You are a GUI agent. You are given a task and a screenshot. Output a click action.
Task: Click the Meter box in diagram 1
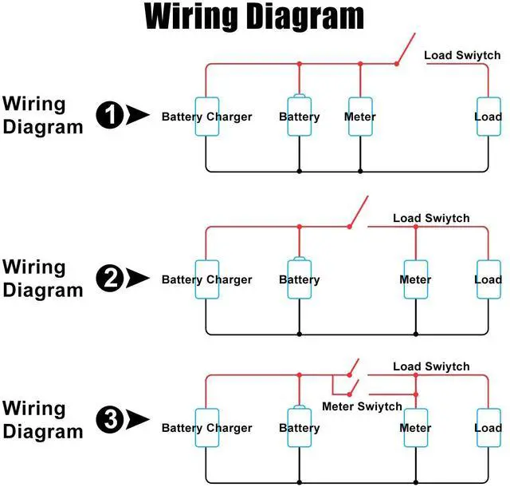click(x=360, y=117)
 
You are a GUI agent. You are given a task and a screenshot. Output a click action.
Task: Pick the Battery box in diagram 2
click(x=299, y=279)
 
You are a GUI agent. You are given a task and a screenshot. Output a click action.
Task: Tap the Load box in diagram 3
click(x=488, y=428)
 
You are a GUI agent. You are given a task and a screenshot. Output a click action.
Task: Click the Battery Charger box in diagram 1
click(x=206, y=117)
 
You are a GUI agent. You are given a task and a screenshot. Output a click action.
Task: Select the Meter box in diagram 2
click(x=415, y=279)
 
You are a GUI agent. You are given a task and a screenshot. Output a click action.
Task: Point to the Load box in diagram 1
click(x=488, y=117)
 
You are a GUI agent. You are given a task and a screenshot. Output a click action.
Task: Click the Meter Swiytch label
click(x=362, y=406)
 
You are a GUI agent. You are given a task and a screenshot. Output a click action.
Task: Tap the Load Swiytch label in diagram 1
click(x=462, y=55)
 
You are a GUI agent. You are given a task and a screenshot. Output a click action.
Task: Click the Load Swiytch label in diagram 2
click(x=431, y=218)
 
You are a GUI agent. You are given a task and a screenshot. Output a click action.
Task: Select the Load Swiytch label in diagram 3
click(x=431, y=366)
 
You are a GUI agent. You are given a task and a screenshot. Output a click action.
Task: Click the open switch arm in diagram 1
click(x=405, y=49)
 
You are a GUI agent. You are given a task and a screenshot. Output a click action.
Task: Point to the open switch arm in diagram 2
click(x=358, y=212)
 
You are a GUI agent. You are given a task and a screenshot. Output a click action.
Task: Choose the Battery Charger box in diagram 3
click(x=206, y=428)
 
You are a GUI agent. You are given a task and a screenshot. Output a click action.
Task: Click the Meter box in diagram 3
click(x=415, y=428)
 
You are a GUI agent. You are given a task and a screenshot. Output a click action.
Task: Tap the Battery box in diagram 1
click(x=299, y=117)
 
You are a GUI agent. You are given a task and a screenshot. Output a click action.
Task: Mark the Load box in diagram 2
click(x=488, y=279)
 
